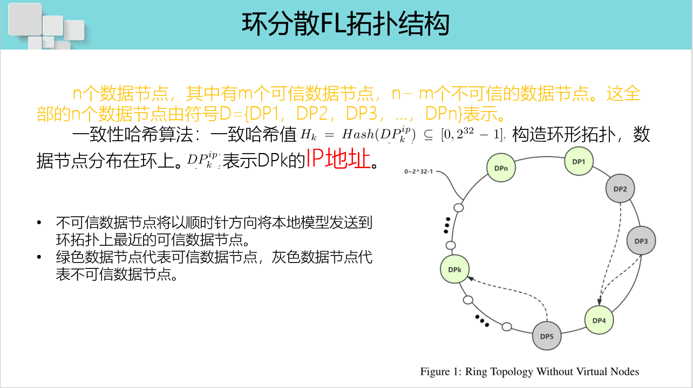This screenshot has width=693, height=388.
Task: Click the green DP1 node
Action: [579, 161]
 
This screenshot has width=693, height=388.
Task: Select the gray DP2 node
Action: [620, 189]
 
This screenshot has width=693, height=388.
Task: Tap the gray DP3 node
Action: [641, 241]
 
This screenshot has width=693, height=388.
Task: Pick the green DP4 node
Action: [599, 320]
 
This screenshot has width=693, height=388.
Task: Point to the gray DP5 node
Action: [546, 336]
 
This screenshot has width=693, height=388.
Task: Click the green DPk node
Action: [455, 269]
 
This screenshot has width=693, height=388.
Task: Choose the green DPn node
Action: [501, 167]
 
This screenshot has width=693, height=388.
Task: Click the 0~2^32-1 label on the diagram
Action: [419, 172]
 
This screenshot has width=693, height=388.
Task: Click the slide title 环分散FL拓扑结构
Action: [345, 24]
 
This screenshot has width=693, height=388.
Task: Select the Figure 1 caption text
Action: [529, 372]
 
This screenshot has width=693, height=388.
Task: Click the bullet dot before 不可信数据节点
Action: [39, 223]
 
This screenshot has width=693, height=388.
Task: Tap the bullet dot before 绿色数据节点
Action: [39, 258]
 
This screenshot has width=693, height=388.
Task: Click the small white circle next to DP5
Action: [507, 327]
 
